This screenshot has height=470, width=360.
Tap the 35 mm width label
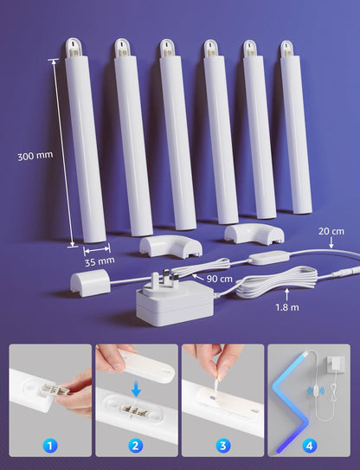(100, 261)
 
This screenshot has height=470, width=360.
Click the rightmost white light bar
(295, 128)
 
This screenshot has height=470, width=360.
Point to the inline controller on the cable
(258, 259)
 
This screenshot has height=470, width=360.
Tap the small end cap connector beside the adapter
(88, 280)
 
